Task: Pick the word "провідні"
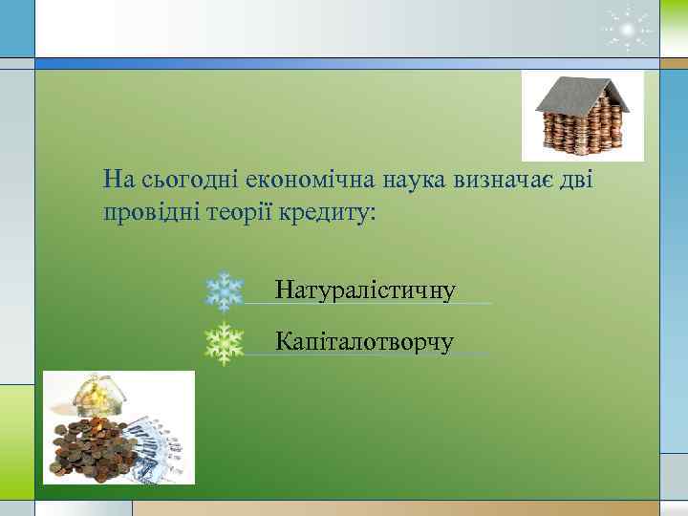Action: tap(150, 212)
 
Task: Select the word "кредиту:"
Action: tap(329, 212)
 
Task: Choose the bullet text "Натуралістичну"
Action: tap(364, 289)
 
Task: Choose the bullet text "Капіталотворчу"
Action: tap(364, 341)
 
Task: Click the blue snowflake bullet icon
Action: tap(225, 291)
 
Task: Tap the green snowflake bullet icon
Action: tap(225, 344)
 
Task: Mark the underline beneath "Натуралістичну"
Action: tap(368, 303)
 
